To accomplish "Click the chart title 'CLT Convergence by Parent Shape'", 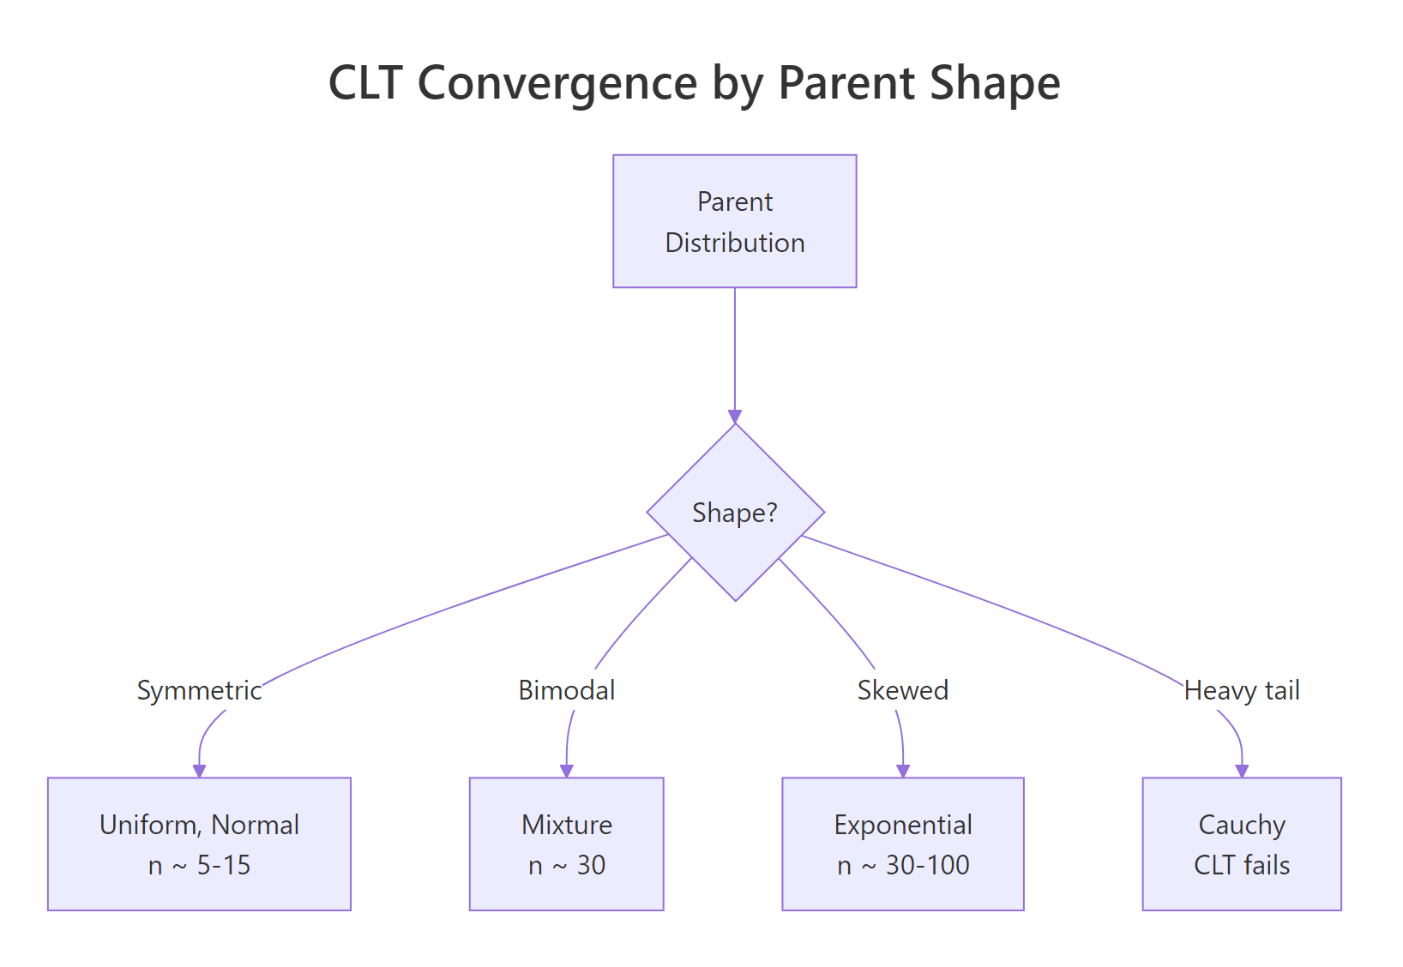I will point(694,83).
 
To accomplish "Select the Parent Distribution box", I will point(734,221).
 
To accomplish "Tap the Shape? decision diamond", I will point(735,513).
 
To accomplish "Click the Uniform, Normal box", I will point(199,844).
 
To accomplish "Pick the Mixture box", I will point(566,844).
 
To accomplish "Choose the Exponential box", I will point(902,844).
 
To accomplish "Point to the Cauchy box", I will point(1241,844).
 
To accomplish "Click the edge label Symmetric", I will point(199,690).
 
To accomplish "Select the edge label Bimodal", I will point(566,690).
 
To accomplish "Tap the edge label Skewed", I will point(902,690).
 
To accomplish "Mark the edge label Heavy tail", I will point(1241,690).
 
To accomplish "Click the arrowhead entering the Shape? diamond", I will point(735,417).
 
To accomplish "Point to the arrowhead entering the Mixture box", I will point(566,771).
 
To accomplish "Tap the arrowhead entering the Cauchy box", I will point(1241,771).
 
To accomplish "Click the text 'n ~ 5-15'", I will point(199,865).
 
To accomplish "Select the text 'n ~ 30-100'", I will point(903,865).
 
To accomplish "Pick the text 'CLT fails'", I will point(1241,865).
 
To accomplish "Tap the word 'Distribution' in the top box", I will point(735,243).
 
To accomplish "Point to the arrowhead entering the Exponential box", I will point(902,771).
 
